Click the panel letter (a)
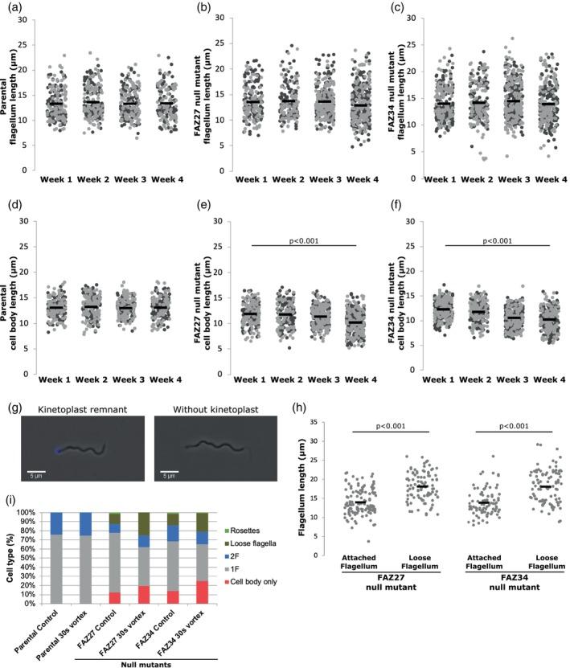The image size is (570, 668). click(11, 9)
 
